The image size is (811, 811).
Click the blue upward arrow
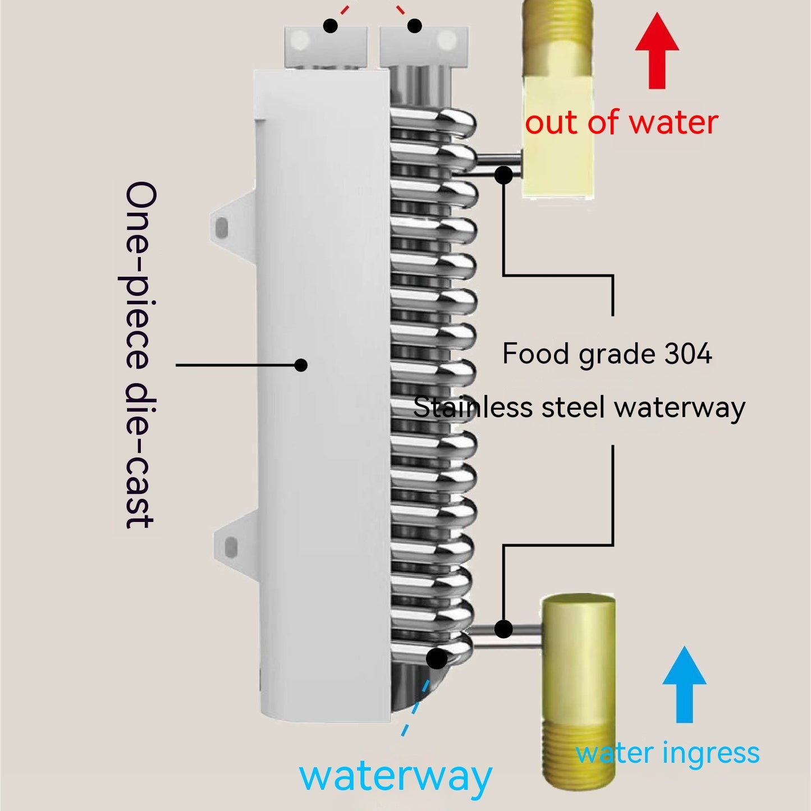(x=684, y=685)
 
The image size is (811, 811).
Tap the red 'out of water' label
(x=621, y=123)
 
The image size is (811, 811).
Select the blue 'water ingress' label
(x=667, y=753)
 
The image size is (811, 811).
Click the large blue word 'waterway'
(x=396, y=777)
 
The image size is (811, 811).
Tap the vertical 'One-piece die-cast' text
(x=139, y=355)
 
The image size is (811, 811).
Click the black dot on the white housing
(x=301, y=365)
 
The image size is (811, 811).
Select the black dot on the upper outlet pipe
(x=504, y=175)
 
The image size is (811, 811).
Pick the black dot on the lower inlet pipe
(x=504, y=629)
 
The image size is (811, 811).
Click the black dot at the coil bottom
(x=437, y=658)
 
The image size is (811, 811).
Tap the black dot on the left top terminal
(x=331, y=25)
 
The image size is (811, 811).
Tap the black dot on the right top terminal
(x=415, y=25)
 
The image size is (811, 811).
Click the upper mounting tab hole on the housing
(x=222, y=227)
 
